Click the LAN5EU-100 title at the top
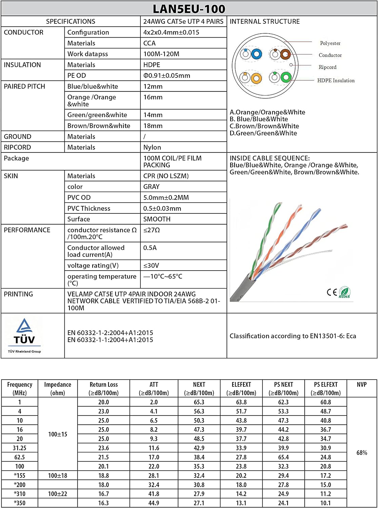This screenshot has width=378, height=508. [189, 8]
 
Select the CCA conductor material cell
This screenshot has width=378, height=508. [150, 43]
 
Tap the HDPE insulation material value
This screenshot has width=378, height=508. [152, 65]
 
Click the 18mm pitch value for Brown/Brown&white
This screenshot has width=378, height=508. [153, 126]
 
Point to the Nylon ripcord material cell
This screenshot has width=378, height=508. [152, 147]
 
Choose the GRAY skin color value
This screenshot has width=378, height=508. [151, 187]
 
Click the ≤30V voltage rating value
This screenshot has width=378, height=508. [151, 266]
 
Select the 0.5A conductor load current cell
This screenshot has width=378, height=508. [150, 248]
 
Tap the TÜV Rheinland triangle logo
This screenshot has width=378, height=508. [24, 326]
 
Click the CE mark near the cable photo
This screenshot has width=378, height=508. [332, 292]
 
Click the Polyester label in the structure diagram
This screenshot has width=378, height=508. [330, 43]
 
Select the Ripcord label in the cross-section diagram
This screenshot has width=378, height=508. [327, 67]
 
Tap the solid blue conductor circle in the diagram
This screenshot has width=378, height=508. [257, 54]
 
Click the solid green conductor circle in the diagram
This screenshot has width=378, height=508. [286, 78]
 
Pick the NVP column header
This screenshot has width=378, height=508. [362, 384]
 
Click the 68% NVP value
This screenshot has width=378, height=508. [362, 453]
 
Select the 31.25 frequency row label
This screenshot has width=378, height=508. [20, 448]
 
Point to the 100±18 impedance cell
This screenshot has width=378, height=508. [58, 475]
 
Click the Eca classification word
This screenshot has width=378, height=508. [351, 336]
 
